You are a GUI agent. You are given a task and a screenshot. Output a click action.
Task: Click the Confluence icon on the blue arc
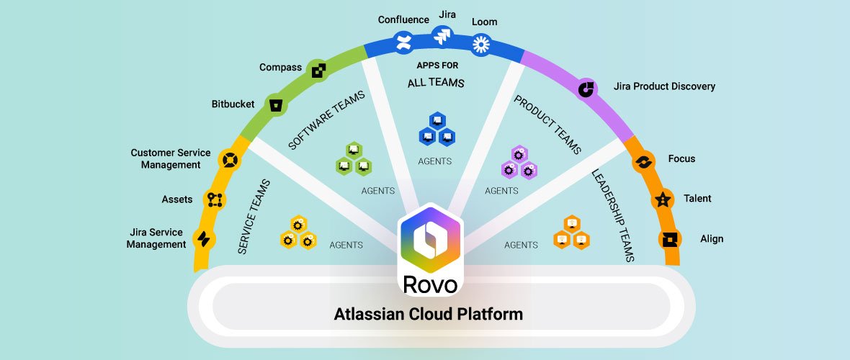click(x=403, y=42)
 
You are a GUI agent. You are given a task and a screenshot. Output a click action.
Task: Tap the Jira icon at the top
click(x=442, y=35)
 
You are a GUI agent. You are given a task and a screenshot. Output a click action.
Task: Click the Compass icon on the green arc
click(x=318, y=70)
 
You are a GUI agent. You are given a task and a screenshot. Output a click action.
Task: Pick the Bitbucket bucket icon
click(x=274, y=104)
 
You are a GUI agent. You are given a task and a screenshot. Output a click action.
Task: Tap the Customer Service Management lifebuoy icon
click(x=230, y=158)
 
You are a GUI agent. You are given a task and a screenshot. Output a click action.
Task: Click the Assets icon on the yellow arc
click(x=214, y=199)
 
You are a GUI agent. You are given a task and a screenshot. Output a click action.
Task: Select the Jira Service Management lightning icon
click(x=204, y=239)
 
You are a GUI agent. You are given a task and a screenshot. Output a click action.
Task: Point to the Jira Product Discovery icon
click(x=588, y=89)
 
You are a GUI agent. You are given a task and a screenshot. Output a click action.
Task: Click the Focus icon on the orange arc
click(x=643, y=162)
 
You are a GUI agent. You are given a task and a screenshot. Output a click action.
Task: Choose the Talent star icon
click(x=662, y=200)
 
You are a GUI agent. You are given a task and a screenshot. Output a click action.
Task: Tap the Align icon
click(x=670, y=240)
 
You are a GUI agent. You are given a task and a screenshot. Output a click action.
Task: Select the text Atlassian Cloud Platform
click(x=428, y=314)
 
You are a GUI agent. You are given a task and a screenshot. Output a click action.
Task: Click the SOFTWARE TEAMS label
click(x=326, y=120)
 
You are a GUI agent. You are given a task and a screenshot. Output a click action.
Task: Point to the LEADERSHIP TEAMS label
click(x=612, y=215)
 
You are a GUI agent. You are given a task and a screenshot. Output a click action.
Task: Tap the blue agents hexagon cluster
click(x=437, y=129)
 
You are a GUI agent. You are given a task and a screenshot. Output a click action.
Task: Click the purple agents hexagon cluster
click(x=519, y=163)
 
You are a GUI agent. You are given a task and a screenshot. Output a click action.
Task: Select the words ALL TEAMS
click(x=436, y=83)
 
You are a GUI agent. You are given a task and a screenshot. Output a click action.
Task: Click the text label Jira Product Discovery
click(x=664, y=86)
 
